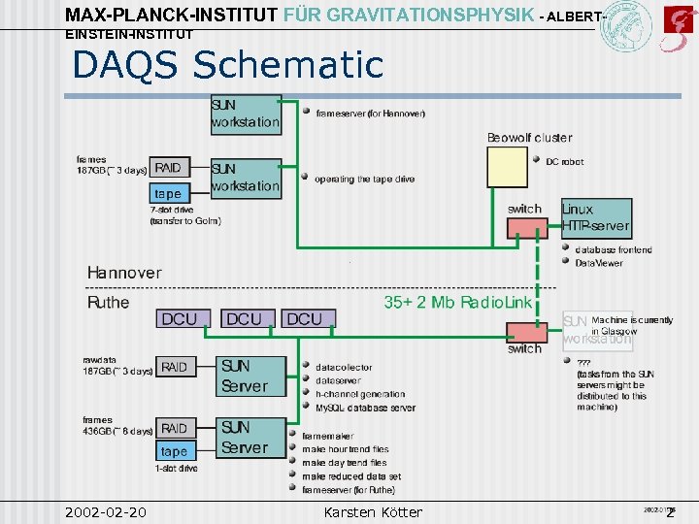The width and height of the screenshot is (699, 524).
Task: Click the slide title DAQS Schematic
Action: pos(229,65)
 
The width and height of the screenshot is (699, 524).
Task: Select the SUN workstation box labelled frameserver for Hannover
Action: pos(246,114)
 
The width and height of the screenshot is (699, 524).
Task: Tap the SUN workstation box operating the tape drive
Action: pos(246,178)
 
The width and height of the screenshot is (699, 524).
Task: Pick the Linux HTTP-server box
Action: pos(595,218)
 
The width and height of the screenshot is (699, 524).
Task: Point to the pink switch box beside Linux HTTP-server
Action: pos(527,227)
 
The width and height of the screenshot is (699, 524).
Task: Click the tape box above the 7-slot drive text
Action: pos(168,193)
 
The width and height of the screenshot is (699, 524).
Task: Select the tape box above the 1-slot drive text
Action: pos(174,451)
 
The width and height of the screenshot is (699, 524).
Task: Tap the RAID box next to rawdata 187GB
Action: pos(175,367)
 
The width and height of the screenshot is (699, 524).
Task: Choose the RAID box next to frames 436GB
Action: pos(175,428)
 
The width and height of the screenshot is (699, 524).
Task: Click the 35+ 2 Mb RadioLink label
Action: pos(457,303)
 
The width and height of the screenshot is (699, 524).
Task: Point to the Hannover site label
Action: pos(124,273)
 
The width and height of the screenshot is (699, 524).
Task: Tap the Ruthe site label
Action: pos(108,303)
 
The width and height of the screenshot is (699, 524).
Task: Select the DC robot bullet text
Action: pos(564,162)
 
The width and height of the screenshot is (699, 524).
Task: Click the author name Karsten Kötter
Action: pos(373,511)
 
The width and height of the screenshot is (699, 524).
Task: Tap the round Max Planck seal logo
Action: pos(625,26)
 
